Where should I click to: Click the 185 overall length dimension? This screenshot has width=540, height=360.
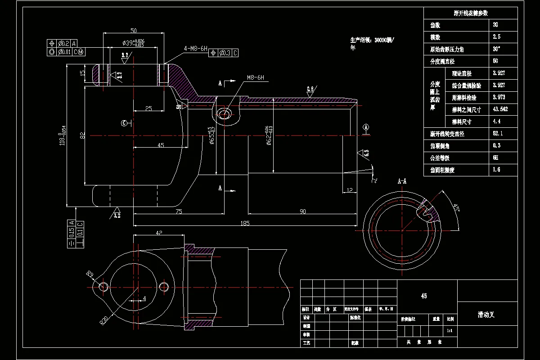coord(245,223)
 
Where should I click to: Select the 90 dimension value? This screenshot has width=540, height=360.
coord(303,211)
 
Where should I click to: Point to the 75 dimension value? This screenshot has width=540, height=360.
coord(179,211)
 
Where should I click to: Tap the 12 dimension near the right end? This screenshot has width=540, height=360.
coord(350,191)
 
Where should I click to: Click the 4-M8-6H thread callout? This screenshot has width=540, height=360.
coord(195,49)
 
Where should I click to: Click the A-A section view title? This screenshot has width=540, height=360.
coord(402,181)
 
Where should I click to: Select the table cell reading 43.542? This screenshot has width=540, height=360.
coord(500,109)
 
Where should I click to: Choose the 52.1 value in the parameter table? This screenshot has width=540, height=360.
coord(498,134)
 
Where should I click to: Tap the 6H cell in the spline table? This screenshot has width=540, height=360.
coord(496,158)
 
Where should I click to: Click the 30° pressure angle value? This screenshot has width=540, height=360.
coord(496,49)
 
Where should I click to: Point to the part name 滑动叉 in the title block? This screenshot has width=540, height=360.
coord(486,315)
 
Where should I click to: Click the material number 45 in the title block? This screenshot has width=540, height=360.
coord(423,296)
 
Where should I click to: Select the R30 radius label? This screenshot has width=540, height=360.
coord(104,320)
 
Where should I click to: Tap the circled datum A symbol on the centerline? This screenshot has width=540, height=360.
coord(366,128)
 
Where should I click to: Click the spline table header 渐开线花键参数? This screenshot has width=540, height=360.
coord(471,13)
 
